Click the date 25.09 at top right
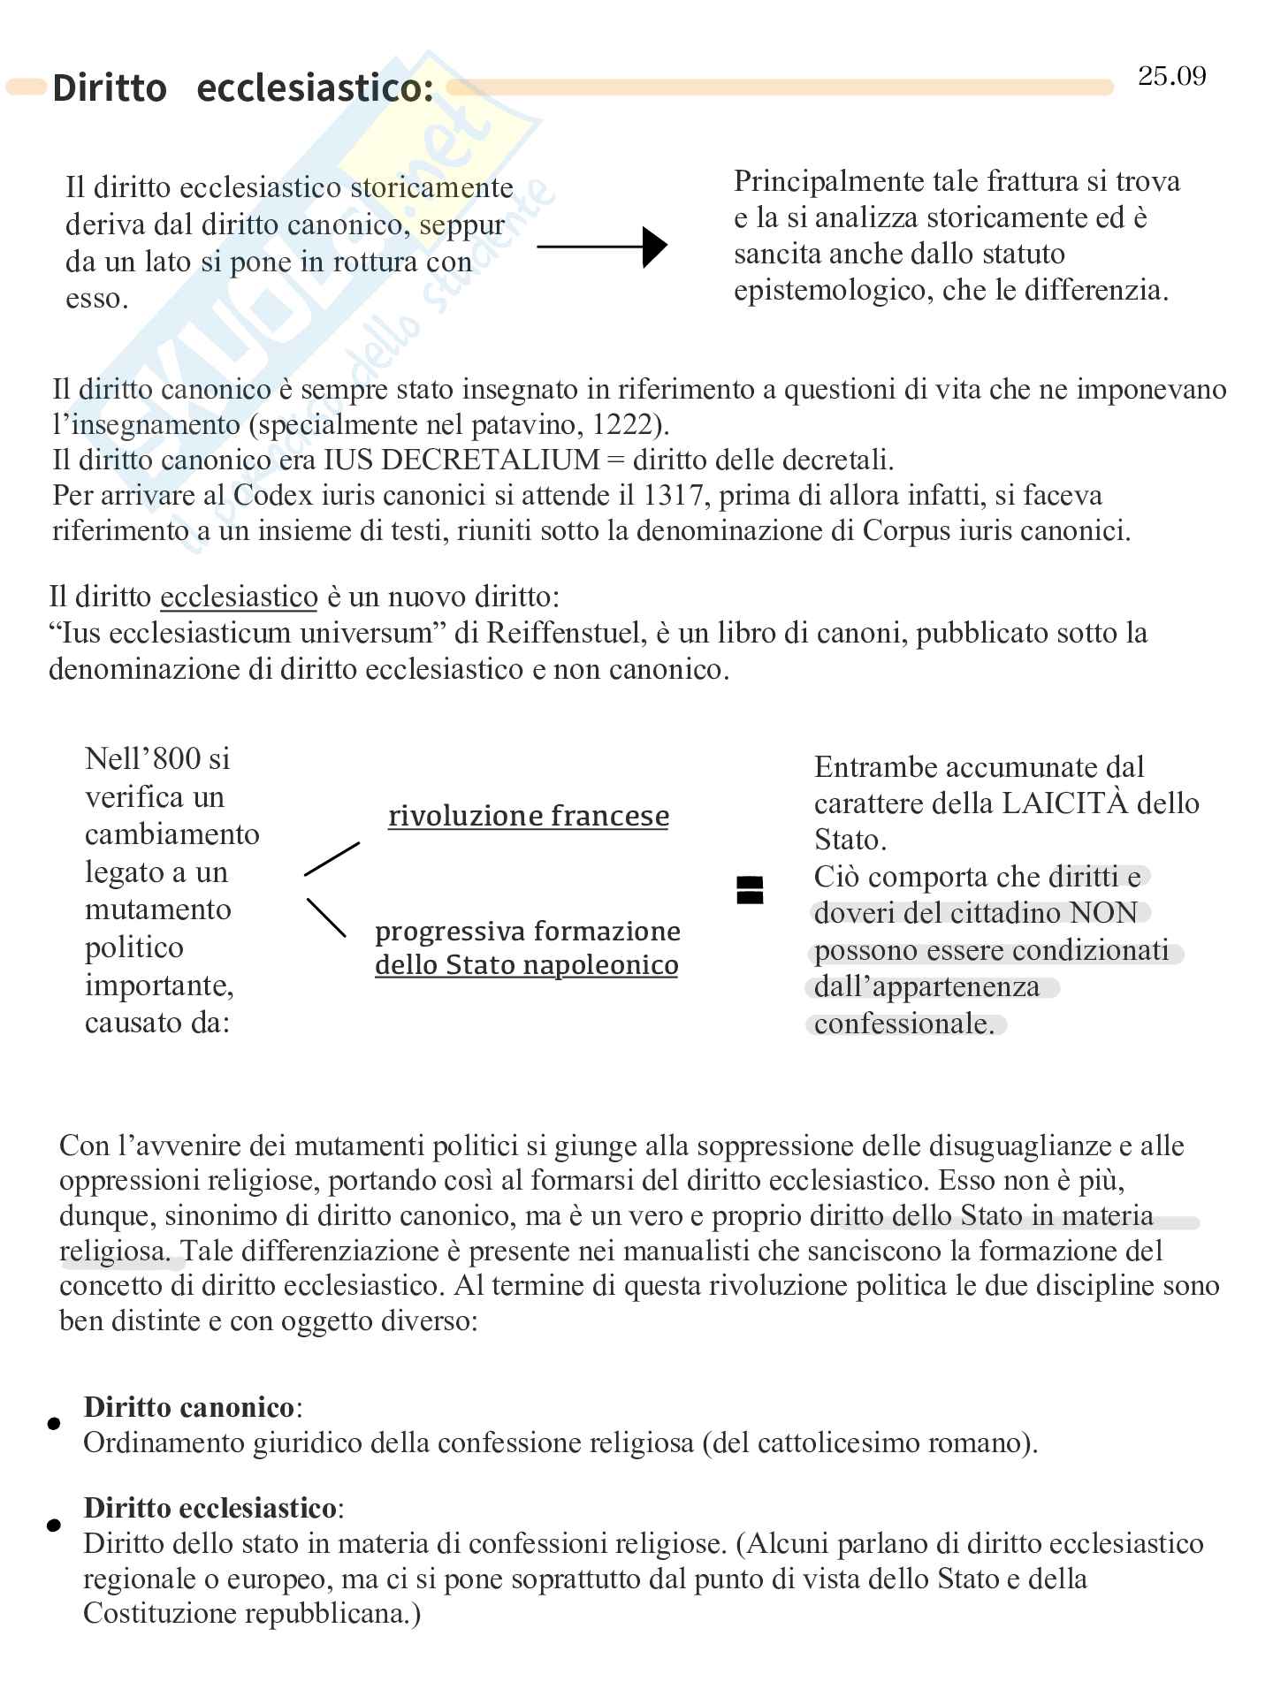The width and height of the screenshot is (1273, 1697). pyautogui.click(x=1171, y=77)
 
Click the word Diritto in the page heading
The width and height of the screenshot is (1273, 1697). pyautogui.click(x=110, y=89)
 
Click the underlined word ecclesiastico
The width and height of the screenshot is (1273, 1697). pyautogui.click(x=239, y=597)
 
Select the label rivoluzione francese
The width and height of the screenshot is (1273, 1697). pyautogui.click(x=529, y=816)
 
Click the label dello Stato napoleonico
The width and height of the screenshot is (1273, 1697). pyautogui.click(x=526, y=965)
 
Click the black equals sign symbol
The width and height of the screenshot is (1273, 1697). pyautogui.click(x=750, y=890)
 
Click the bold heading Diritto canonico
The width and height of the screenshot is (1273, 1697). pyautogui.click(x=189, y=1407)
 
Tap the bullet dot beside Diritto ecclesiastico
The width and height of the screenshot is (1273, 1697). pyautogui.click(x=54, y=1525)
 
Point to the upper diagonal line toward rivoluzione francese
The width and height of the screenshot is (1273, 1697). pyautogui.click(x=332, y=858)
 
